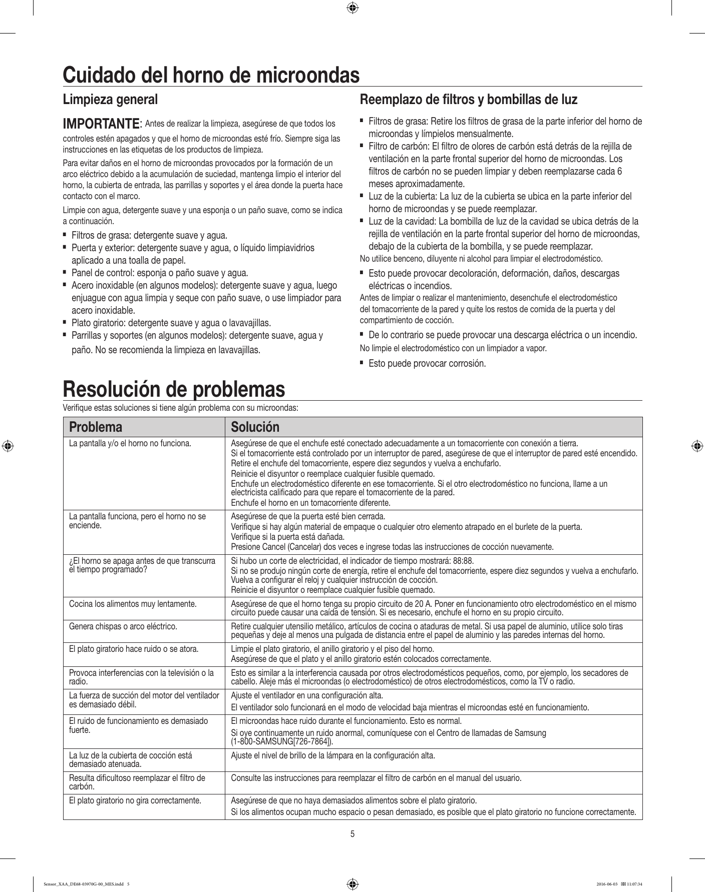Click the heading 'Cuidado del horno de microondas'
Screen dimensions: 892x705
(x=211, y=75)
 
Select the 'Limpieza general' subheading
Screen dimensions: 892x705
(x=110, y=99)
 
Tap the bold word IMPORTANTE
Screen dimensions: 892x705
(x=101, y=123)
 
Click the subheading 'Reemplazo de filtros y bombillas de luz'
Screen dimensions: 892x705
(x=469, y=99)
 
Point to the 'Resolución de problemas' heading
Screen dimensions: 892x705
(x=174, y=389)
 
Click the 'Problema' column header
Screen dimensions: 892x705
(x=96, y=427)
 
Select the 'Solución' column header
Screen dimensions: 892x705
(x=254, y=427)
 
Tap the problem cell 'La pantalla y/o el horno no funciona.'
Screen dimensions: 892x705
(x=130, y=443)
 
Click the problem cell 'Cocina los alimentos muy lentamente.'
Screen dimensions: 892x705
(x=132, y=604)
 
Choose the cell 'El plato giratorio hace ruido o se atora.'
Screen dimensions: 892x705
(x=133, y=649)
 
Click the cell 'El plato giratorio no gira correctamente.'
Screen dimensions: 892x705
(x=135, y=800)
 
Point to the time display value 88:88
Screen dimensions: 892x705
(x=463, y=560)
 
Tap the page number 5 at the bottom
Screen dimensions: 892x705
(x=352, y=834)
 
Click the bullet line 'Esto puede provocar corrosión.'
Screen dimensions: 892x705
(x=427, y=363)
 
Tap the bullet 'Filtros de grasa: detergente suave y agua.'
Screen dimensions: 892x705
(x=149, y=235)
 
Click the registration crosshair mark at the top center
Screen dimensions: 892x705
(x=352, y=8)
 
